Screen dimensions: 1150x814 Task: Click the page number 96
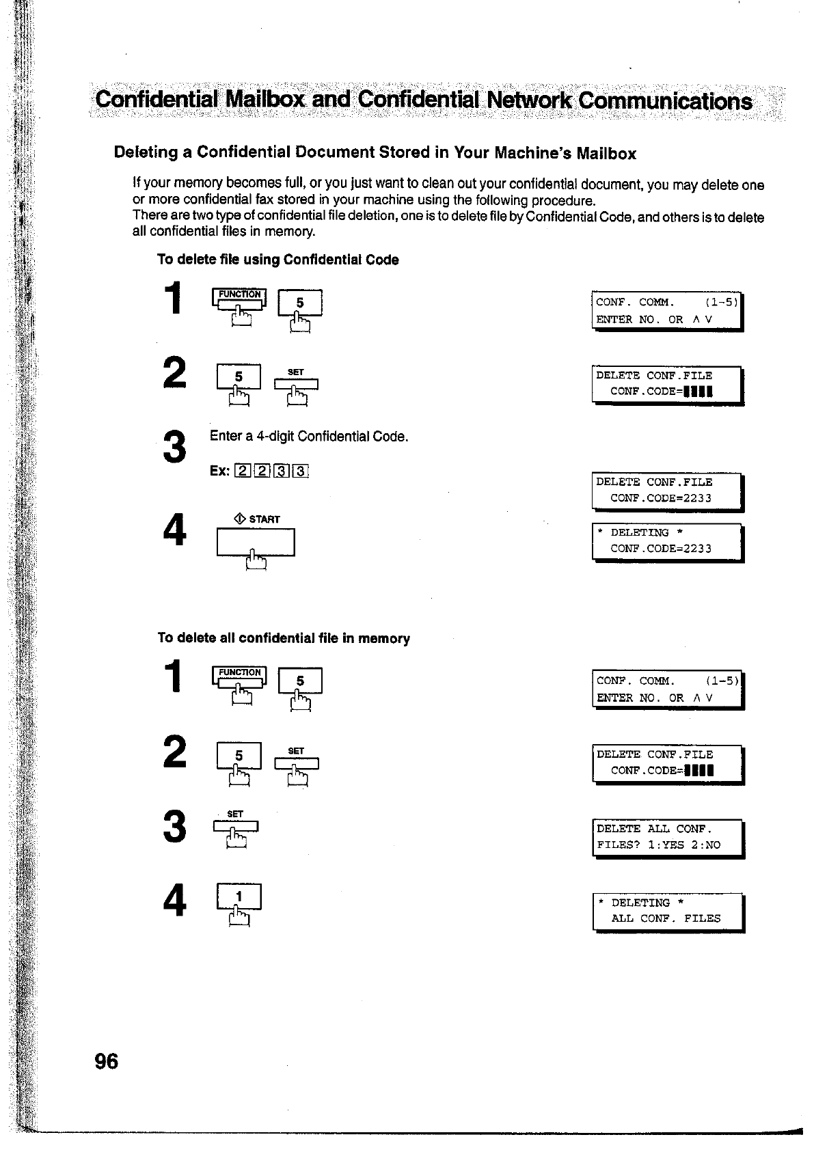click(107, 1060)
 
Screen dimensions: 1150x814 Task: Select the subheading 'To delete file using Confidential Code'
click(278, 260)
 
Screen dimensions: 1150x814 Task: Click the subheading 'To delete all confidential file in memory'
click(284, 638)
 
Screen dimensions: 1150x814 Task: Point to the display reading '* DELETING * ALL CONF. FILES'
click(667, 911)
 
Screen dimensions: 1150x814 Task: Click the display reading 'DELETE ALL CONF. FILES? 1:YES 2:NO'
click(667, 837)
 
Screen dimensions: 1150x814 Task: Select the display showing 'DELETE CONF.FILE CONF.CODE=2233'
click(667, 490)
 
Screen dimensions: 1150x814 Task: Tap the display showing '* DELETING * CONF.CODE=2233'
click(667, 540)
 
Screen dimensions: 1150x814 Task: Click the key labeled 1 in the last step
click(239, 896)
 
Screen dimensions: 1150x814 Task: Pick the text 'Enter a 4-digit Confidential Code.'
click(309, 436)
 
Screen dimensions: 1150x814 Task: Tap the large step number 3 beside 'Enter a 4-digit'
click(176, 446)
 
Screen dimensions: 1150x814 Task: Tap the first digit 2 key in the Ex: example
click(242, 471)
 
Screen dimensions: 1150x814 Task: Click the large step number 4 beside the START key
click(176, 530)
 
